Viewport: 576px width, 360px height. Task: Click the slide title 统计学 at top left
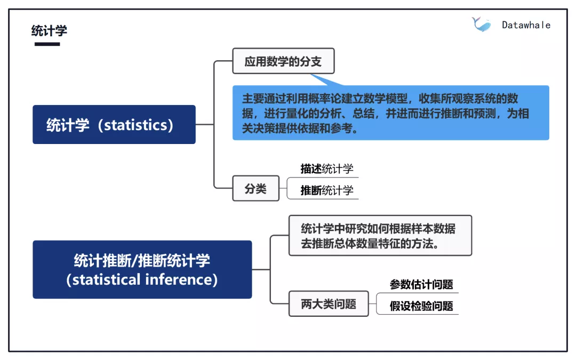pyautogui.click(x=49, y=30)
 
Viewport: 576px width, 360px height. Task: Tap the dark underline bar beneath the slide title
pyautogui.click(x=47, y=44)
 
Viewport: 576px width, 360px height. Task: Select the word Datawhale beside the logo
pyautogui.click(x=526, y=25)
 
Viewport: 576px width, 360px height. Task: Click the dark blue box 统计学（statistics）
pyautogui.click(x=114, y=125)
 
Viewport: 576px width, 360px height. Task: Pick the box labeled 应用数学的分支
pyautogui.click(x=283, y=61)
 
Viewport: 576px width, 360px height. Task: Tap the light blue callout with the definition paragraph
pyautogui.click(x=390, y=114)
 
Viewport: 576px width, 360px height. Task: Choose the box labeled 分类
pyautogui.click(x=255, y=188)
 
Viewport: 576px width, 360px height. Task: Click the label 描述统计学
pyautogui.click(x=327, y=169)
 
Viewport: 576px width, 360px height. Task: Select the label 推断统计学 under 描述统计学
pyautogui.click(x=327, y=190)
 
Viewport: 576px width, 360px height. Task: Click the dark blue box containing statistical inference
pyautogui.click(x=142, y=269)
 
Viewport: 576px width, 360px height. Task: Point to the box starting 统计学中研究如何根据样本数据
pyautogui.click(x=380, y=236)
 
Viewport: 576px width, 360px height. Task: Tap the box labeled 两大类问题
pyautogui.click(x=328, y=304)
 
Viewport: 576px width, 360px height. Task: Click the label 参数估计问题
pyautogui.click(x=421, y=284)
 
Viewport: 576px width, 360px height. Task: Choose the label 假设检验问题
pyautogui.click(x=421, y=306)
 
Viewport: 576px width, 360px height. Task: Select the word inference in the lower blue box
pyautogui.click(x=180, y=279)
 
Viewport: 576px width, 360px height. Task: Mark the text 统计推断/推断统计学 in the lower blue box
pyautogui.click(x=142, y=260)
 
